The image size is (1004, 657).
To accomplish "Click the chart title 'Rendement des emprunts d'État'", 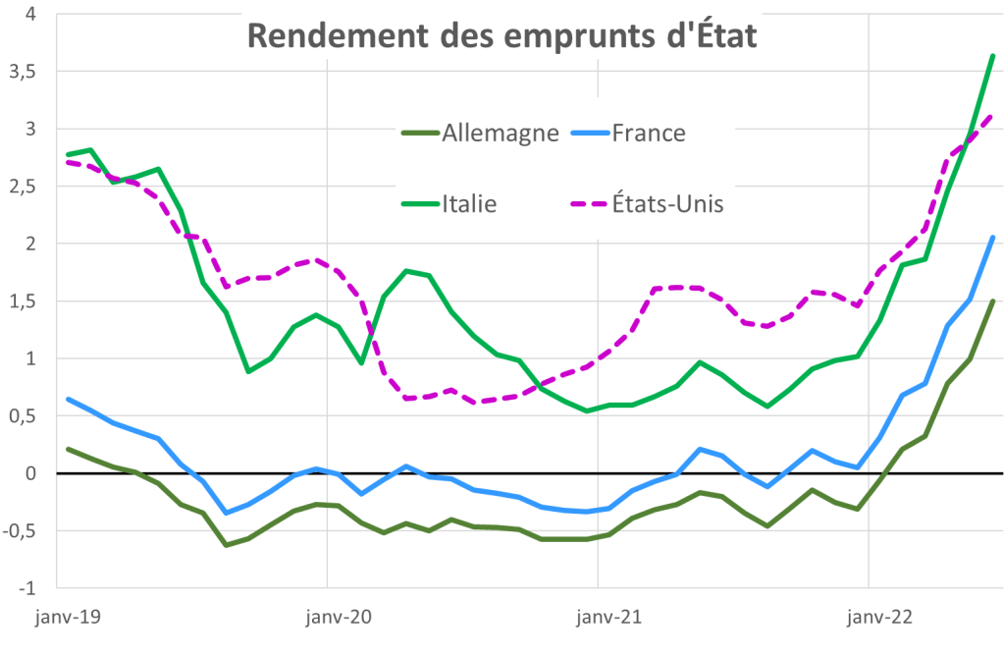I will (x=502, y=36).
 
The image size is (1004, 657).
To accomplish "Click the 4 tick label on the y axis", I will (x=30, y=15).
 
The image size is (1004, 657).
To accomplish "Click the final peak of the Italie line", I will (x=993, y=56).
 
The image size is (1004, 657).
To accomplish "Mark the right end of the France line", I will (x=993, y=238).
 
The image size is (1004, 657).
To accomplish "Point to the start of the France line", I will (x=68, y=399).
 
